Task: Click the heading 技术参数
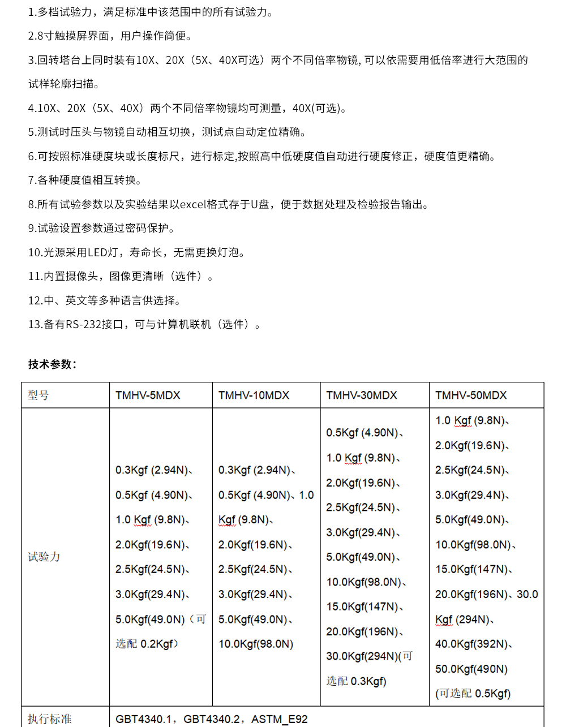click(52, 364)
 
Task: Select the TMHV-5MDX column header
click(148, 395)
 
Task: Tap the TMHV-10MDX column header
click(254, 395)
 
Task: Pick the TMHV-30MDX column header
click(362, 395)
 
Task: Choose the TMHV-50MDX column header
click(471, 395)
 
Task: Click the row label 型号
click(38, 395)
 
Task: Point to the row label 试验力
click(44, 557)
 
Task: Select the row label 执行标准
click(49, 719)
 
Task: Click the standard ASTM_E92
click(280, 719)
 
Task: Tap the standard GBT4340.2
click(212, 719)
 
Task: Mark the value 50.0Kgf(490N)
click(471, 669)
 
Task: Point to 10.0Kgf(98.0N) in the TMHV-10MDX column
click(256, 644)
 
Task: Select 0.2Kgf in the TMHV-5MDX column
click(157, 644)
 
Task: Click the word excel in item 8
click(192, 204)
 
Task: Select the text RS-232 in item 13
click(83, 324)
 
